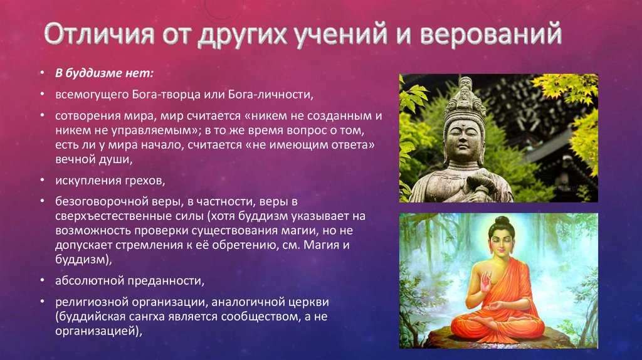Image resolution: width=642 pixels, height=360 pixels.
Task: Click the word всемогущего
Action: coord(93,95)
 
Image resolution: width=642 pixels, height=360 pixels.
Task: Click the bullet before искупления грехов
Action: coord(42,180)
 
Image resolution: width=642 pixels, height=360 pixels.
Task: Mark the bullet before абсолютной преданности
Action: coord(42,280)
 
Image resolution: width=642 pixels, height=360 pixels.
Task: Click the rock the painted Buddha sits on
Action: coord(497,337)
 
